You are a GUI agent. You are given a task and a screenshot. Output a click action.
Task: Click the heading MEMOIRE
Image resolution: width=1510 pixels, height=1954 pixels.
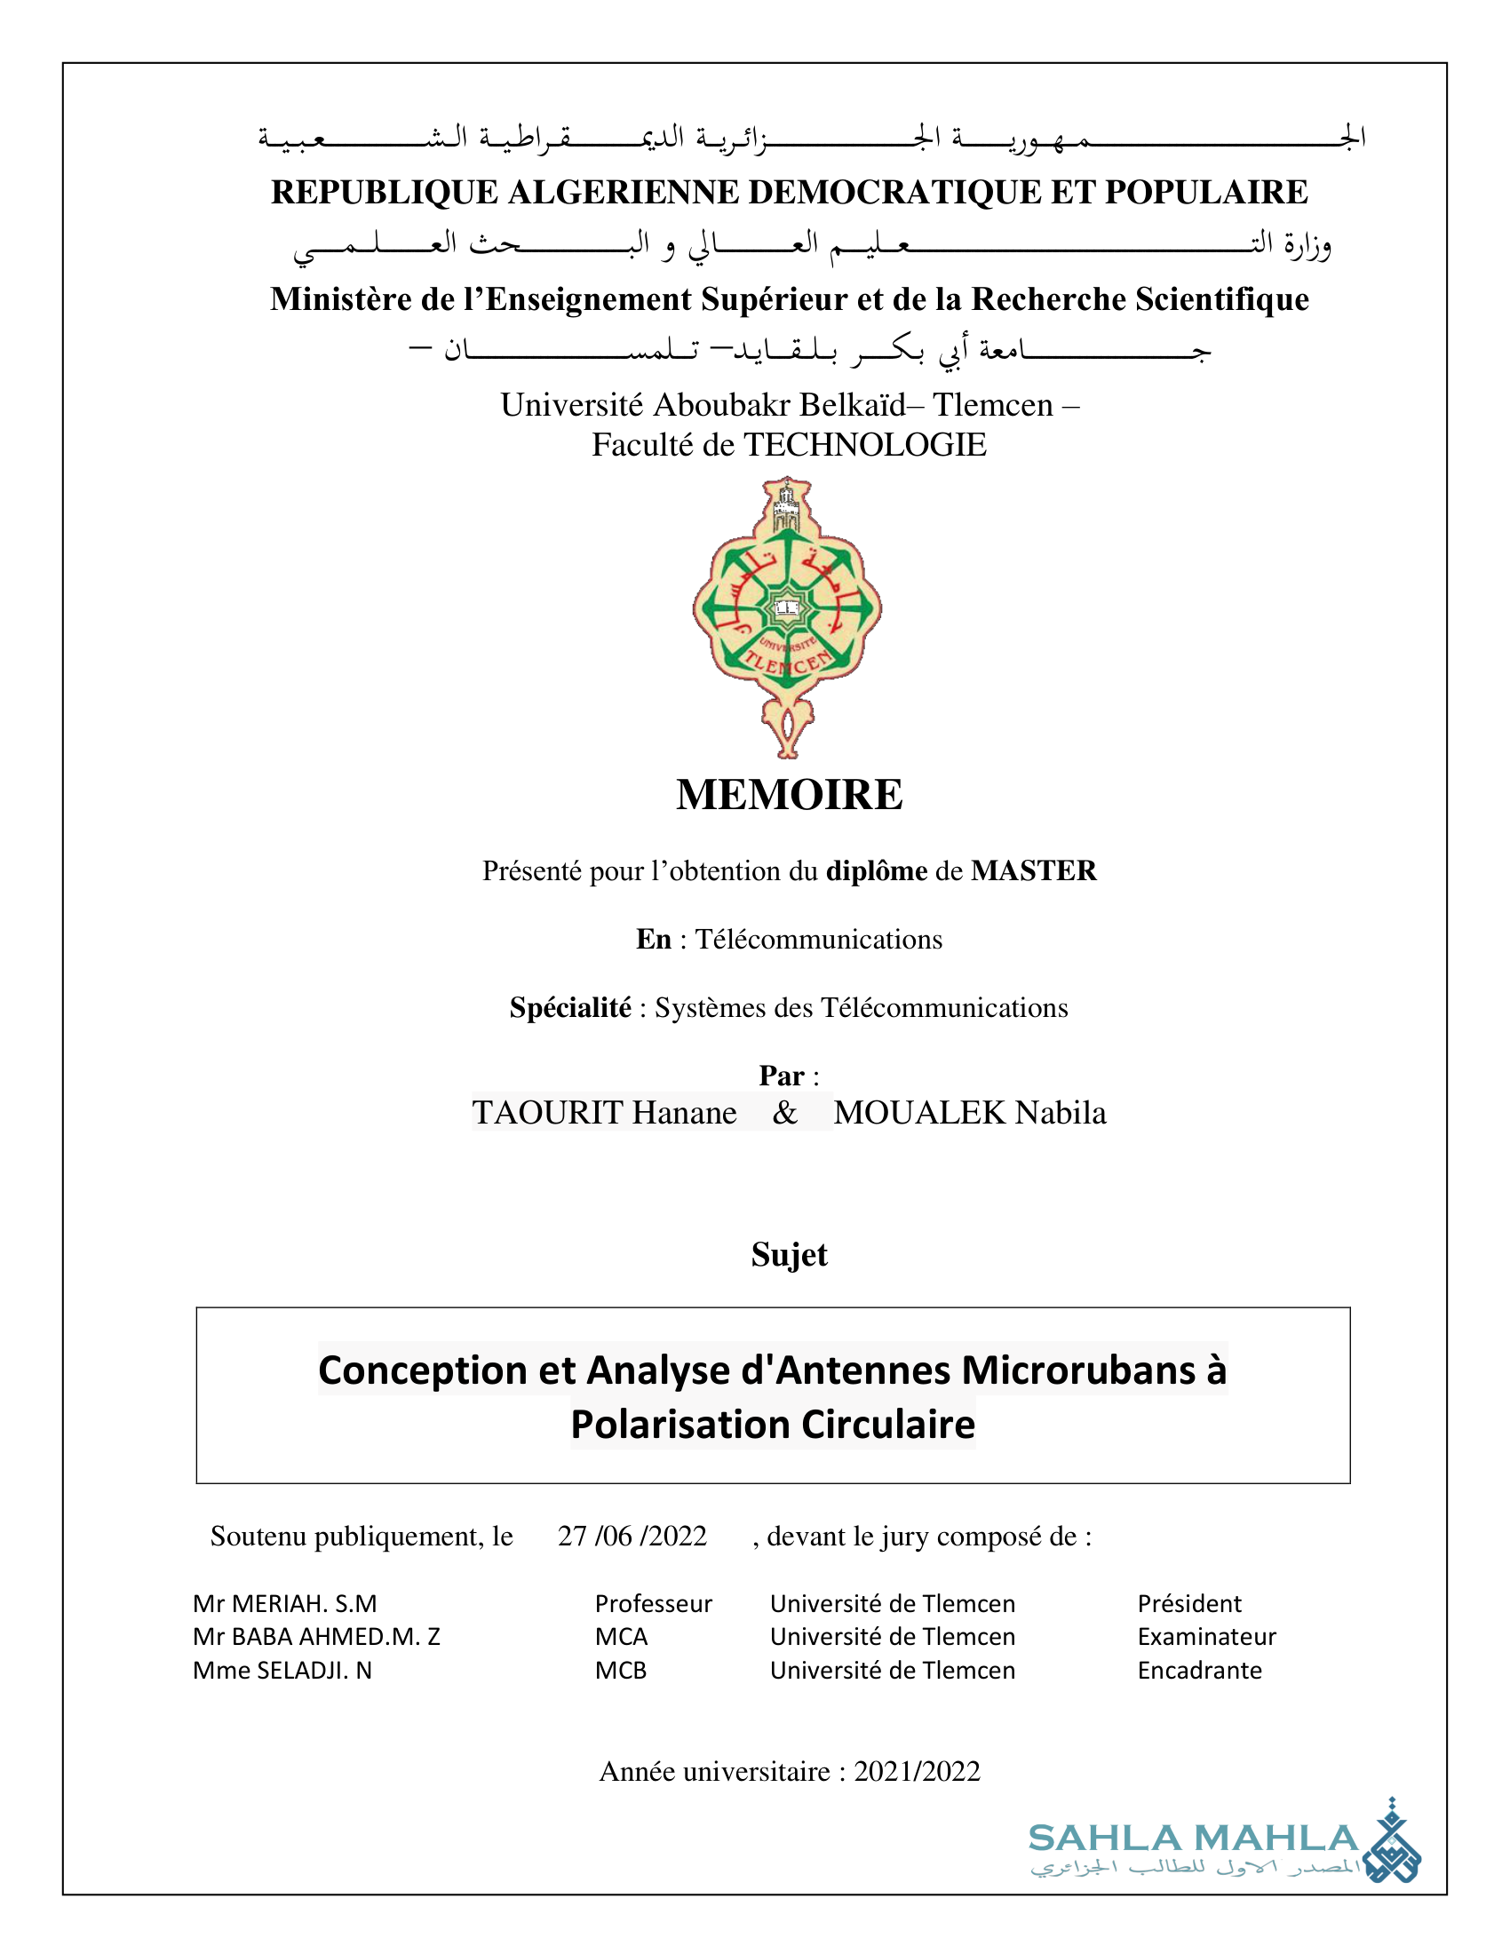click(789, 795)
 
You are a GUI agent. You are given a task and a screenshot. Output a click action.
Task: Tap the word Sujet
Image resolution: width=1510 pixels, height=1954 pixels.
click(789, 1254)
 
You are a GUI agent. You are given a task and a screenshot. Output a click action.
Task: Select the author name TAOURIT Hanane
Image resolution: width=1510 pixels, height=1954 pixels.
click(605, 1112)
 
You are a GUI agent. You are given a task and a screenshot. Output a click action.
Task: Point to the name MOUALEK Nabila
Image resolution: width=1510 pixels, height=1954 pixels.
click(970, 1112)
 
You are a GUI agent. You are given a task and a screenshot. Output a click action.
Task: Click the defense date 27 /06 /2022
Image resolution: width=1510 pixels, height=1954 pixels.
click(632, 1537)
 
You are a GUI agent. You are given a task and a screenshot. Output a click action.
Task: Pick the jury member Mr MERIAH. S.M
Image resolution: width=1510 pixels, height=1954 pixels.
click(284, 1603)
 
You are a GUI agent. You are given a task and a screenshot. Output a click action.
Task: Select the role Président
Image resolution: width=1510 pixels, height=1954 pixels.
click(1188, 1603)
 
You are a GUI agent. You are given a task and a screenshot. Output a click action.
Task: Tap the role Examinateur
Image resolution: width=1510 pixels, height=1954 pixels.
click(1206, 1636)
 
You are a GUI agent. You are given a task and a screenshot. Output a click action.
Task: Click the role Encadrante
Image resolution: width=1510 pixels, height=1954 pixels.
click(1199, 1671)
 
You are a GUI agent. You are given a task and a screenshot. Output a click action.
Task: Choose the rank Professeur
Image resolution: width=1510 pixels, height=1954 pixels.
click(653, 1603)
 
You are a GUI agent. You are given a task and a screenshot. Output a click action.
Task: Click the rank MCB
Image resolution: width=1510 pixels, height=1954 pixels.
click(621, 1671)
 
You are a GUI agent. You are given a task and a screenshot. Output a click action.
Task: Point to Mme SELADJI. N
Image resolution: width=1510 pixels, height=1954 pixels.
click(282, 1671)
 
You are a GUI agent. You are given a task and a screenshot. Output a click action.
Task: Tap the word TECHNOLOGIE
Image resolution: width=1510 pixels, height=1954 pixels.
click(865, 445)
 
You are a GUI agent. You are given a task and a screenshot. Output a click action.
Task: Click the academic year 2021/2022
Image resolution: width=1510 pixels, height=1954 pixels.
click(917, 1772)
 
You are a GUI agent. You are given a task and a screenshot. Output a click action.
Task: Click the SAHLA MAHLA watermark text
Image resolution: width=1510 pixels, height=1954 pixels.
click(1193, 1838)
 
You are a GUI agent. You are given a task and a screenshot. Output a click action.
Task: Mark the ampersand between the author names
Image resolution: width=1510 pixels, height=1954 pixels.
click(784, 1112)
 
